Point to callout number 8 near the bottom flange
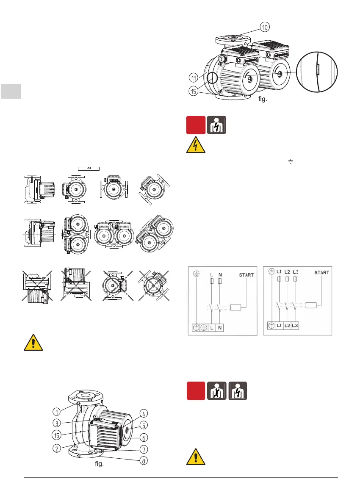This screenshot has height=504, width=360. [x=144, y=461]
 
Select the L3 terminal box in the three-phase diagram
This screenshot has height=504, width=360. [x=296, y=326]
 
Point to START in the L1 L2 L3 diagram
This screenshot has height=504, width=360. [x=321, y=273]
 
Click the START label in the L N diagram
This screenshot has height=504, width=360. [x=246, y=275]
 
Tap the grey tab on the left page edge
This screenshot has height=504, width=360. [x=10, y=91]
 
